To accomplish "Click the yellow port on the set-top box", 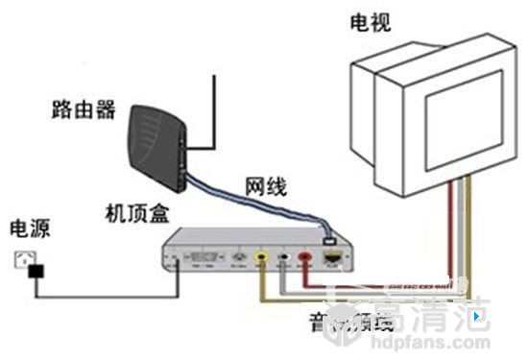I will tap(261, 257).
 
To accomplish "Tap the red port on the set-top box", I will tap(304, 257).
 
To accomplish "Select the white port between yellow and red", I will tap(283, 257).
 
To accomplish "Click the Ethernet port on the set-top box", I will tap(332, 257).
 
